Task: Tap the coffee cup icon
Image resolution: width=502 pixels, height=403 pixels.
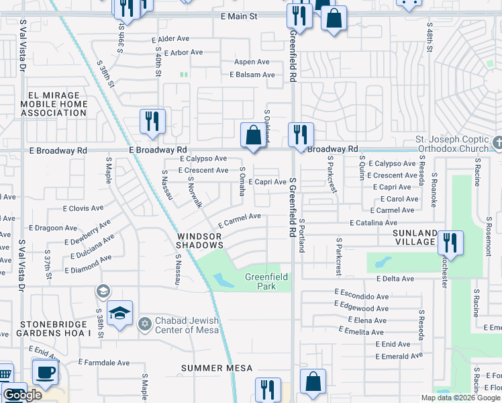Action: [x=45, y=372]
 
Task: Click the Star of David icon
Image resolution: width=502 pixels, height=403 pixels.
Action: [x=144, y=325]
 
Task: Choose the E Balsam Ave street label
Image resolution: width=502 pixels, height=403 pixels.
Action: [x=252, y=75]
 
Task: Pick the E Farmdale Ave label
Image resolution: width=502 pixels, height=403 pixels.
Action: [x=103, y=363]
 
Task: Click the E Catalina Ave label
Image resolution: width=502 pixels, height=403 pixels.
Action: [x=372, y=222]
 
